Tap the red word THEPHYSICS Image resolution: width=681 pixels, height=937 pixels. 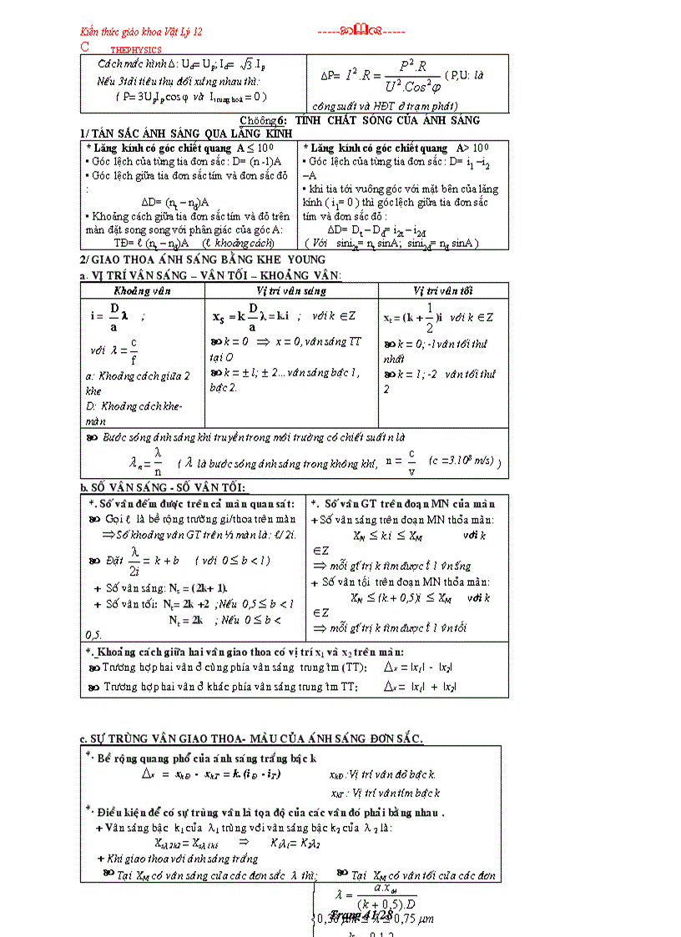138,50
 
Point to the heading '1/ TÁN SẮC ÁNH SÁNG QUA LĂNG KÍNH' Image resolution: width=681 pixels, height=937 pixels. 186,133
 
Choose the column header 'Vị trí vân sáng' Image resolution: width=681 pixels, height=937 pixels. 291,291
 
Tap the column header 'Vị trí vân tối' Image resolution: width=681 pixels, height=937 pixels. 443,291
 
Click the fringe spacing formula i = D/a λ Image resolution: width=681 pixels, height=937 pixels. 113,315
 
